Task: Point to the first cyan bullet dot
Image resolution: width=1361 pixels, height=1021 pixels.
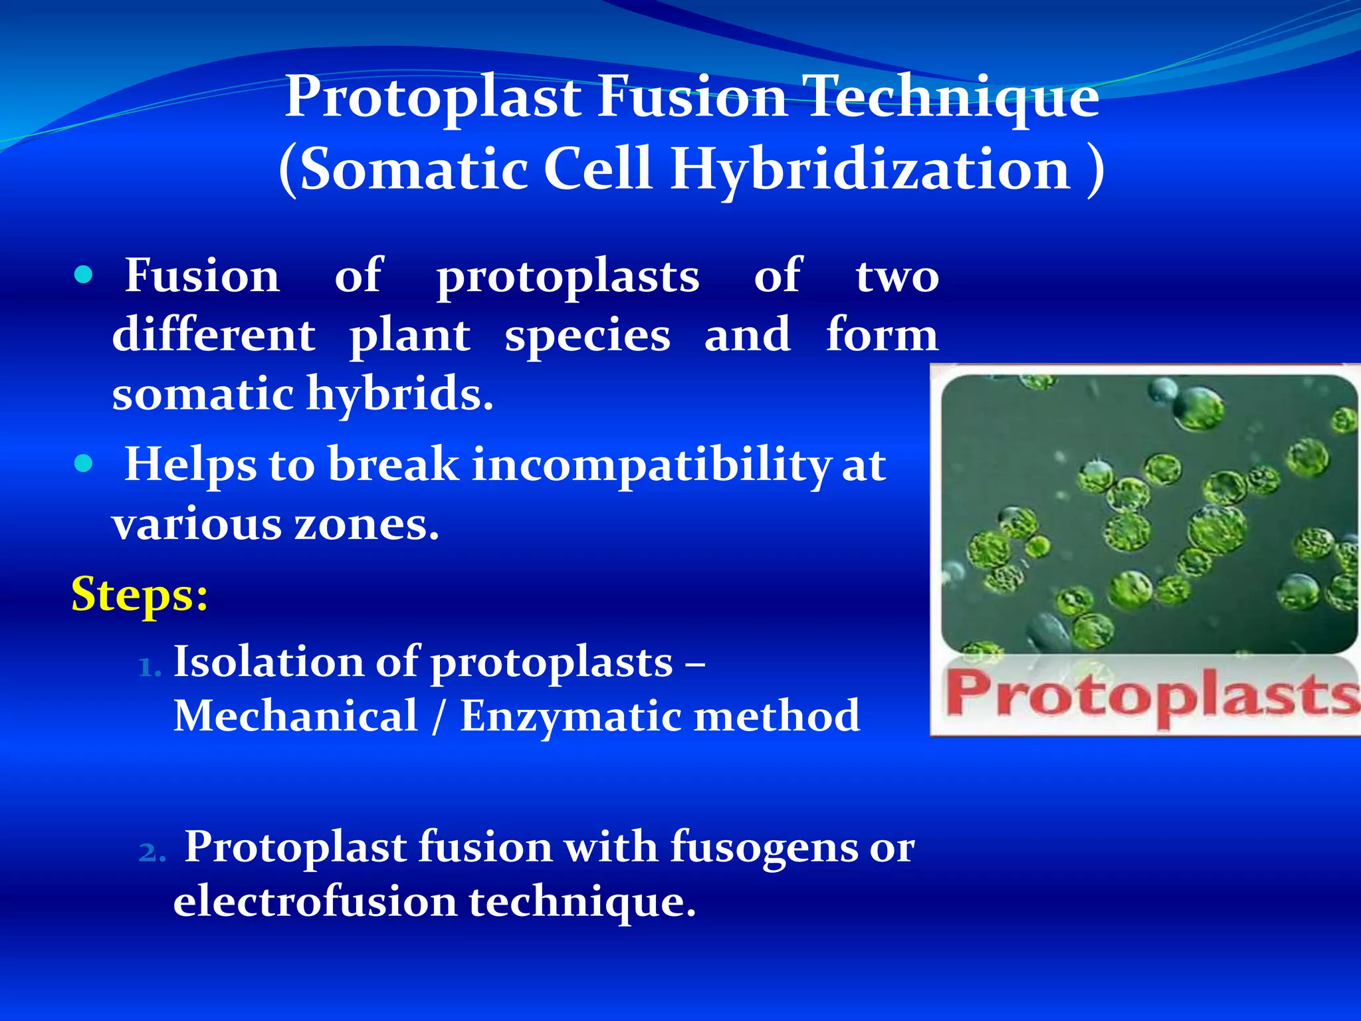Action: [84, 275]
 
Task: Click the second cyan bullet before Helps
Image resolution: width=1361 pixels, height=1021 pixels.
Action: [84, 463]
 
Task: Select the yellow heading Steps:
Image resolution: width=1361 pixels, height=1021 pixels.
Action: [140, 594]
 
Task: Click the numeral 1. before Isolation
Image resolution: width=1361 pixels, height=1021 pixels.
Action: [150, 667]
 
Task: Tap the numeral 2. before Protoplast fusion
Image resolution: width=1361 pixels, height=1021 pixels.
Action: [152, 852]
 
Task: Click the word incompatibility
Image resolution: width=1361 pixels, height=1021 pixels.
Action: [651, 465]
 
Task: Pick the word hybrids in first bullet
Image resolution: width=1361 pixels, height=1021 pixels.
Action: [399, 394]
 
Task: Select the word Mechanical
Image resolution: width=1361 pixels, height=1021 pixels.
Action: [296, 716]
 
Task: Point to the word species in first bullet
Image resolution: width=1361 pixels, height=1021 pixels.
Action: [587, 336]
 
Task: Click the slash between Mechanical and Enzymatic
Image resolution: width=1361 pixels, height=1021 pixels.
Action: [437, 717]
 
